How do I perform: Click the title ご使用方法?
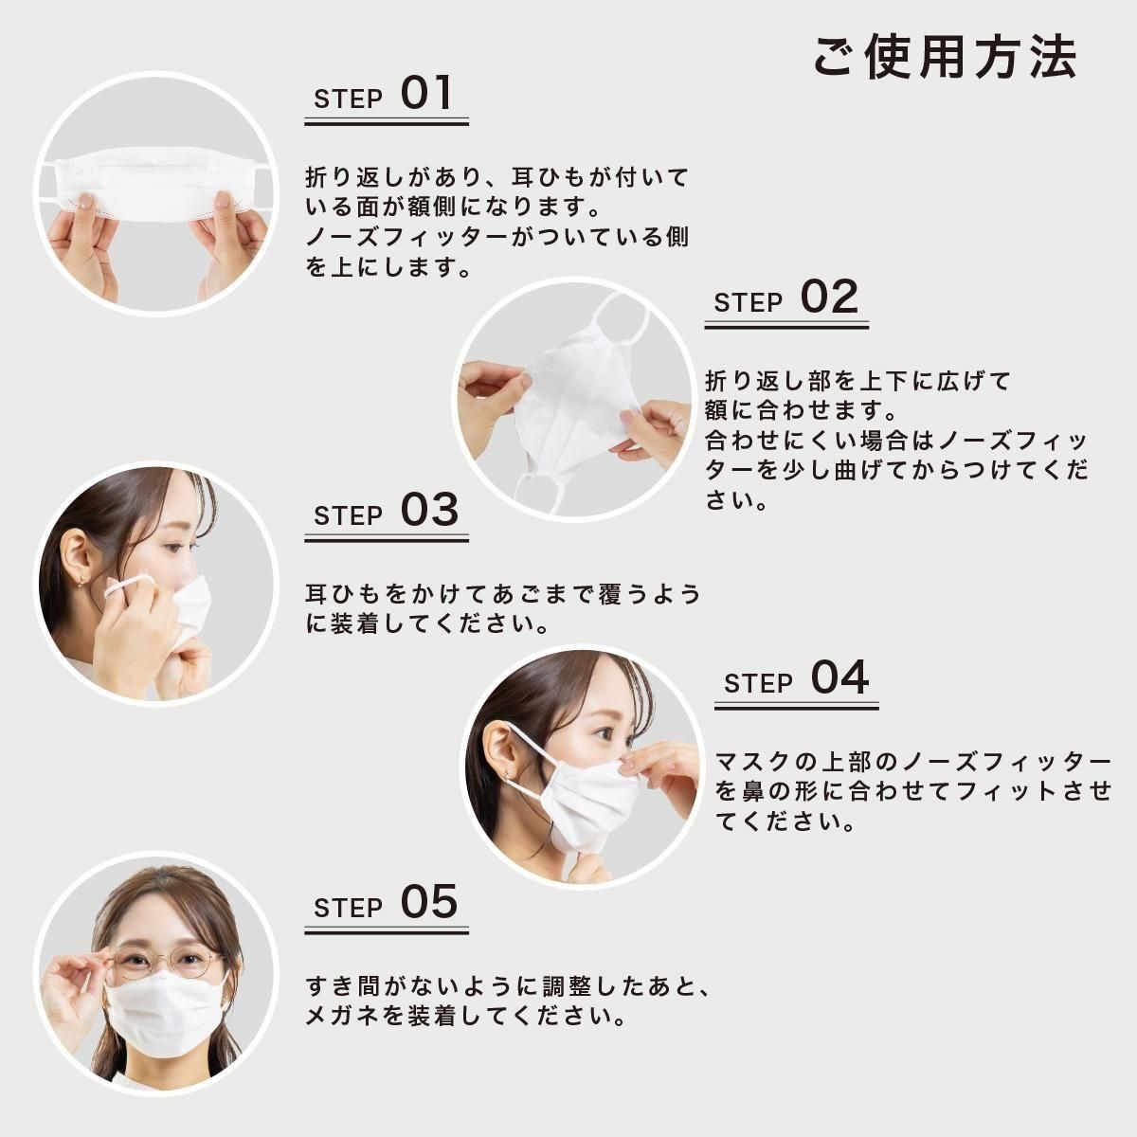945,57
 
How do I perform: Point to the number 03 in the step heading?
428,511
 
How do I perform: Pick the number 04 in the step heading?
839,678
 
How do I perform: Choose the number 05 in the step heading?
428,902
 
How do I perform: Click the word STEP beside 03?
348,516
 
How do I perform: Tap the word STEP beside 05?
348,908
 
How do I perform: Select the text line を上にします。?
388,268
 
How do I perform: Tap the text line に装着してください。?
427,624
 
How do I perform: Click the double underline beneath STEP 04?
796,706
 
